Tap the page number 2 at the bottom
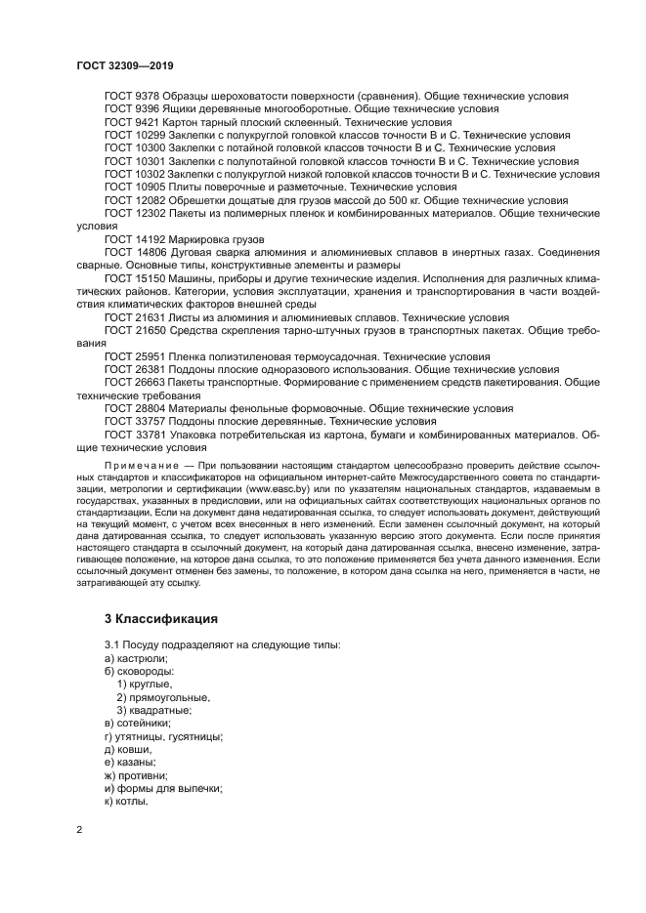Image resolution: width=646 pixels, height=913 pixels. coord(79,830)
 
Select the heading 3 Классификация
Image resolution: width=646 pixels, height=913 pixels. coord(160,618)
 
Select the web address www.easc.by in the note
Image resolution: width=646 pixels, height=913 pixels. coord(276,487)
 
